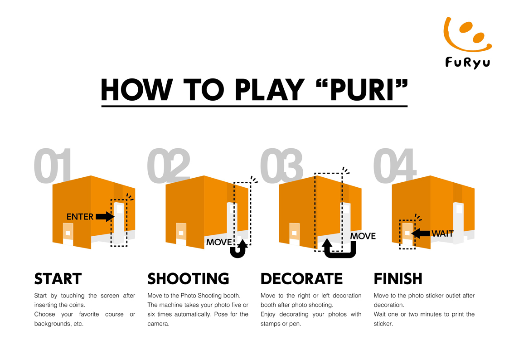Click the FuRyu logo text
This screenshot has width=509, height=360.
pyautogui.click(x=467, y=62)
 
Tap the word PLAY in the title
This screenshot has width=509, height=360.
pyautogui.click(x=269, y=90)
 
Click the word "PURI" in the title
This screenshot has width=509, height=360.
pyautogui.click(x=362, y=90)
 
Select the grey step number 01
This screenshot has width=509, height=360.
pyautogui.click(x=53, y=165)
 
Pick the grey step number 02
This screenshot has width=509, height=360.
pyautogui.click(x=169, y=165)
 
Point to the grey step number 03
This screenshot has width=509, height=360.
pyautogui.click(x=281, y=165)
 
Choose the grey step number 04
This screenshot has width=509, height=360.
pyautogui.click(x=394, y=165)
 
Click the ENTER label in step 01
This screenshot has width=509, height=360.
pyautogui.click(x=80, y=217)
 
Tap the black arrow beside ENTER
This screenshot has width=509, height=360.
pyautogui.click(x=105, y=217)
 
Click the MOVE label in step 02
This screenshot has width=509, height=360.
pyautogui.click(x=219, y=242)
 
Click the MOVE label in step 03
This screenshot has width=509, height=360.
pyautogui.click(x=363, y=236)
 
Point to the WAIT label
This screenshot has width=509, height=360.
pyautogui.click(x=443, y=234)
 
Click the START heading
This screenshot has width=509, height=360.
pyautogui.click(x=58, y=279)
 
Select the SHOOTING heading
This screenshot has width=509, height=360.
pyautogui.click(x=188, y=279)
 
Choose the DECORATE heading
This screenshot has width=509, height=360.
pyautogui.click(x=301, y=279)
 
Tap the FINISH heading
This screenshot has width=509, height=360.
pyautogui.click(x=398, y=279)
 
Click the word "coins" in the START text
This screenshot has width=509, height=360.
pyautogui.click(x=77, y=305)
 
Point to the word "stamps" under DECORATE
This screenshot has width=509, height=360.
pyautogui.click(x=271, y=324)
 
